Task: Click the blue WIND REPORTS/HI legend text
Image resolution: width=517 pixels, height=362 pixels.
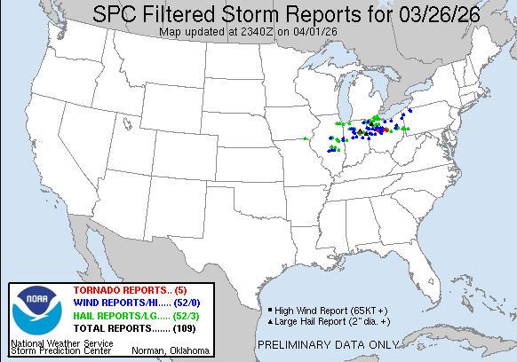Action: click(x=120, y=303)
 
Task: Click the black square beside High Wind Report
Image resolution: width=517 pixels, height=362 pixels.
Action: click(x=268, y=310)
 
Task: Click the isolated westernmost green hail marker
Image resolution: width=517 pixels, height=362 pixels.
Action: click(x=306, y=138)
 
